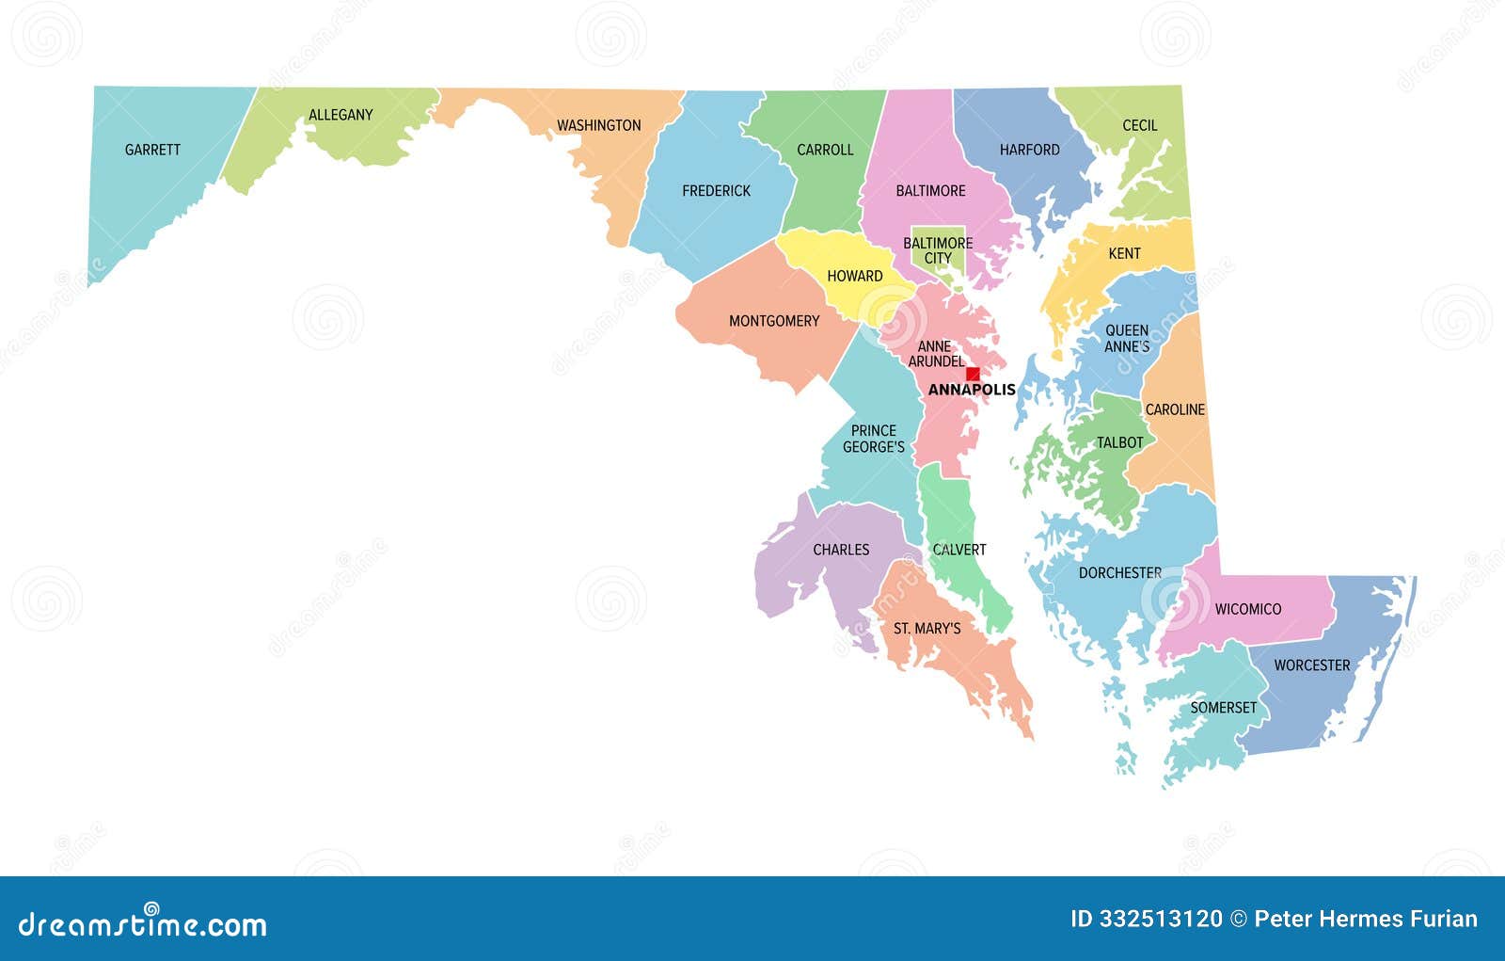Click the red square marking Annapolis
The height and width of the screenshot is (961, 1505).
pyautogui.click(x=973, y=374)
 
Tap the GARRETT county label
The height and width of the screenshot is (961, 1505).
pyautogui.click(x=152, y=150)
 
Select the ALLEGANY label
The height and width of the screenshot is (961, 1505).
pyautogui.click(x=341, y=115)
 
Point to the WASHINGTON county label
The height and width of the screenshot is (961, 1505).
pyautogui.click(x=598, y=125)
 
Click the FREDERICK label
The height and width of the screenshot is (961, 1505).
pyautogui.click(x=716, y=191)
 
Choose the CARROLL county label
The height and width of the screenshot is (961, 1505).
pyautogui.click(x=825, y=150)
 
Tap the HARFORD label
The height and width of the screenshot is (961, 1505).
pyautogui.click(x=1029, y=150)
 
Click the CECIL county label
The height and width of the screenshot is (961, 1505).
pyautogui.click(x=1139, y=125)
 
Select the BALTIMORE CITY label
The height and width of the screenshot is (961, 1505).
pyautogui.click(x=938, y=250)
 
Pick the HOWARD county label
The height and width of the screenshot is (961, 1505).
pyautogui.click(x=854, y=276)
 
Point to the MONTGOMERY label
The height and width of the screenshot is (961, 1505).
pyautogui.click(x=774, y=321)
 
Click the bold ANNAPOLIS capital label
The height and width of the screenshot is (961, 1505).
pyautogui.click(x=972, y=390)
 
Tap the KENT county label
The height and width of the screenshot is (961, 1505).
pyautogui.click(x=1124, y=253)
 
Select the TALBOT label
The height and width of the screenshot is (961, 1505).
pyautogui.click(x=1119, y=442)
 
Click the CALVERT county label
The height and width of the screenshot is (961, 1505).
pyautogui.click(x=959, y=550)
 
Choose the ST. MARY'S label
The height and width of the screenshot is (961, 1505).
pyautogui.click(x=927, y=628)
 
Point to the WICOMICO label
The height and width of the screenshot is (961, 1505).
pyautogui.click(x=1247, y=609)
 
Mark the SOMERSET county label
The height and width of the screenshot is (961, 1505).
pyautogui.click(x=1223, y=708)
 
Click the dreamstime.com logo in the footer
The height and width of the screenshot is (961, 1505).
pyautogui.click(x=142, y=925)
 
